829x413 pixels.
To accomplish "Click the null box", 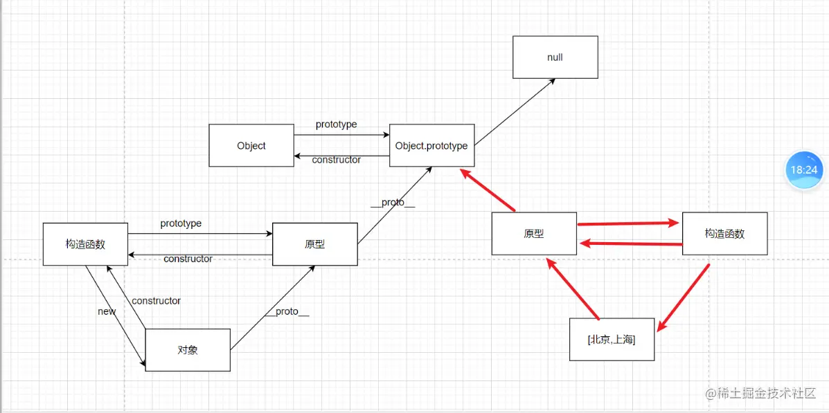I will [555, 57].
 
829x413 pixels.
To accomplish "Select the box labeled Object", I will [251, 145].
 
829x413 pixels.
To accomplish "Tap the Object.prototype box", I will [431, 145].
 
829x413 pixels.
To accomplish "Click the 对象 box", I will [188, 350].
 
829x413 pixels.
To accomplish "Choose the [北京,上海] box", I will [612, 340].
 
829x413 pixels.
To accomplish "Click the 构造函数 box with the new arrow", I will [85, 244].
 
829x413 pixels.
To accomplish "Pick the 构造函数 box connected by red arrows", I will [724, 234].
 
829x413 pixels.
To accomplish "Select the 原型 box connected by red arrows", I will [534, 234].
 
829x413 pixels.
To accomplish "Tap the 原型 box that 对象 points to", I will [315, 244].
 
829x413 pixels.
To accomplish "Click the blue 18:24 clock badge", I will [804, 169].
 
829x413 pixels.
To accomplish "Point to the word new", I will [107, 311].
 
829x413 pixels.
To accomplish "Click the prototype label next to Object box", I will [337, 125].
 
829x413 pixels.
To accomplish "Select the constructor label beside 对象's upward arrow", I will [157, 301].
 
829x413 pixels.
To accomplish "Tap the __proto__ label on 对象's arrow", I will [287, 312].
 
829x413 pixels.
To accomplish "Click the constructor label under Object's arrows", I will [337, 160].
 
